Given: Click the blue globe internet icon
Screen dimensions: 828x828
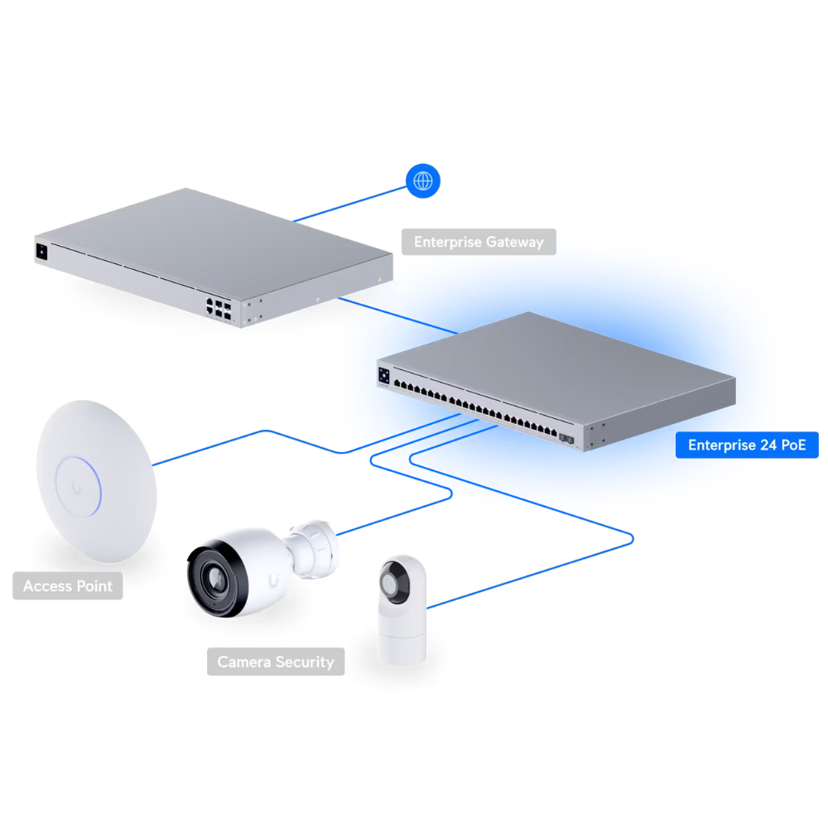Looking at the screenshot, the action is pos(423,181).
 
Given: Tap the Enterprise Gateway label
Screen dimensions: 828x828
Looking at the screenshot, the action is pos(479,242).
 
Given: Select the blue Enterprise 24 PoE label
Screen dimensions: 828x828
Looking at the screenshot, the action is pos(747,445).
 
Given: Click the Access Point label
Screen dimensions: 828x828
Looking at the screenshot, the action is pos(68,585).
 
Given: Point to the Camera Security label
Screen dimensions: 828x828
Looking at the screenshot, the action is pos(276,662).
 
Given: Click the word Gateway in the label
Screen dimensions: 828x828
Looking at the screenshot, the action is pos(514,243).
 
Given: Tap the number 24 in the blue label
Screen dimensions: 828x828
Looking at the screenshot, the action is pos(762,445).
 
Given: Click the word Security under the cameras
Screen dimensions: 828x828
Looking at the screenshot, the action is pos(305,662).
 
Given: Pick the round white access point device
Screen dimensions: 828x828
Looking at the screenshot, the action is pos(97,481).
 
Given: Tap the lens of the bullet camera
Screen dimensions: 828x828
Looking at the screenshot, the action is pos(215,580).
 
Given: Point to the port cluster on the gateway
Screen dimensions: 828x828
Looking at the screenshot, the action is pos(219,309).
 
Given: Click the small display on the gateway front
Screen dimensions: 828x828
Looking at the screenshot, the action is pos(41,252).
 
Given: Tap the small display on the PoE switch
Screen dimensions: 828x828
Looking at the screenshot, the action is pos(384,375).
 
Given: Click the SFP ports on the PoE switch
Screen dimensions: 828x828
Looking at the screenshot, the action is pos(566,439).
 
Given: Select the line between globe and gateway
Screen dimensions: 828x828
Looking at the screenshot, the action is pos(349,204).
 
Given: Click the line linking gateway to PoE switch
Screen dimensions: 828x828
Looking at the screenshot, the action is pos(398,315).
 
